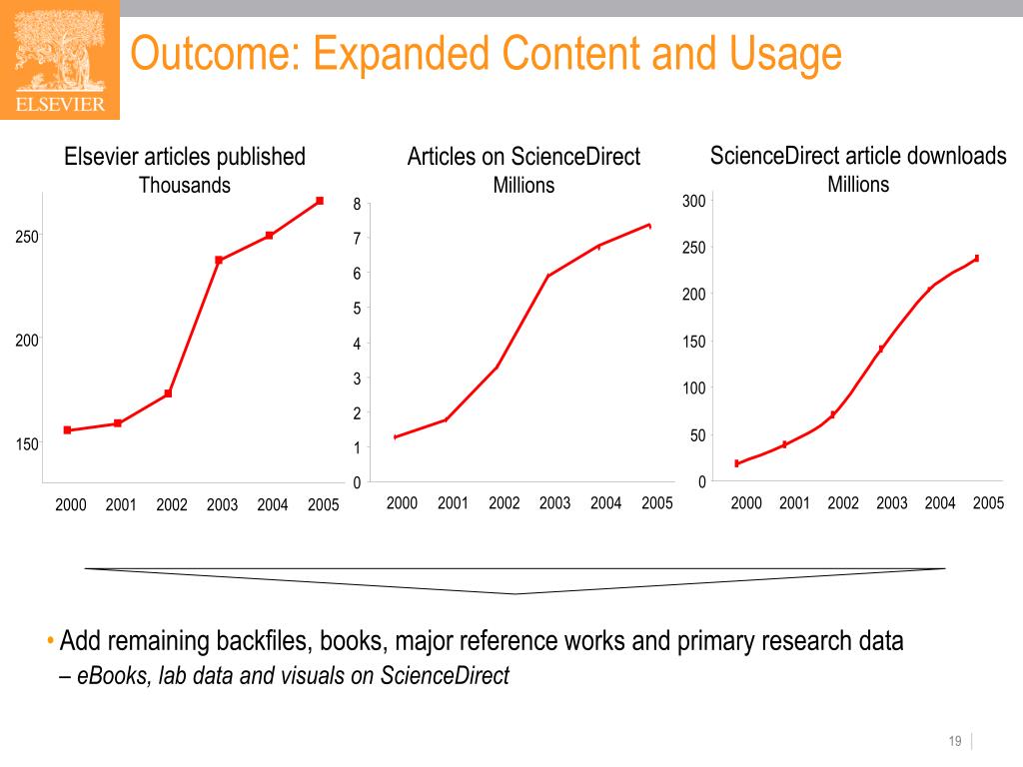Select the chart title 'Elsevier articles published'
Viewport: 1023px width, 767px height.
tap(185, 157)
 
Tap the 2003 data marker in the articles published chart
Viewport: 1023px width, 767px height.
tap(219, 260)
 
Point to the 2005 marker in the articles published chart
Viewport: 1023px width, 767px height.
tap(320, 201)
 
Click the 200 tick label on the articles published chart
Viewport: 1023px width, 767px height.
tap(27, 341)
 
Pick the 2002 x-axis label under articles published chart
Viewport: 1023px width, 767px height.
tap(172, 505)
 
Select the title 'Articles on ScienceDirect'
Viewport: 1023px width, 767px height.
tap(523, 157)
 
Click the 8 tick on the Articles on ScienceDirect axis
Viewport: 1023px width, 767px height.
tap(357, 205)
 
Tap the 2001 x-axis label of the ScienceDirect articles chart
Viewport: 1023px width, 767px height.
tap(453, 503)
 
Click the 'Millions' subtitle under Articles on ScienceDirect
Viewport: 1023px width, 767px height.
tap(523, 186)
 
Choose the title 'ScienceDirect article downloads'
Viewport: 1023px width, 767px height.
tap(858, 156)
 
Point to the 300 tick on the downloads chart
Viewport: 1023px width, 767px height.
tap(694, 202)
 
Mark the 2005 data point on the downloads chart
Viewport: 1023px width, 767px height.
tap(976, 258)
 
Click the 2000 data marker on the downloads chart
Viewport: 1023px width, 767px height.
tap(737, 463)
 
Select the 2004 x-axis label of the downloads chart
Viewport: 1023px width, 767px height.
tap(940, 503)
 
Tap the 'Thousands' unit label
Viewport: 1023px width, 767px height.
tap(185, 186)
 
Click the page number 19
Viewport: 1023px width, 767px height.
tap(955, 741)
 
